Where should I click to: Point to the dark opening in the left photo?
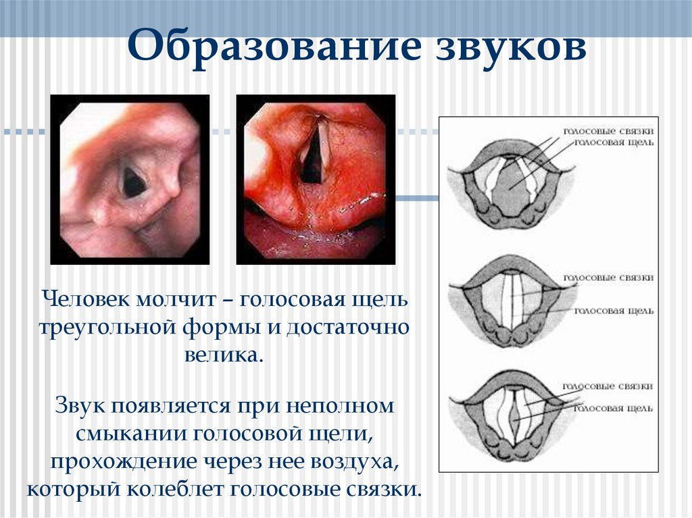point(132,181)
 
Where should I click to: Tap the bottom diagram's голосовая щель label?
point(613,408)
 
